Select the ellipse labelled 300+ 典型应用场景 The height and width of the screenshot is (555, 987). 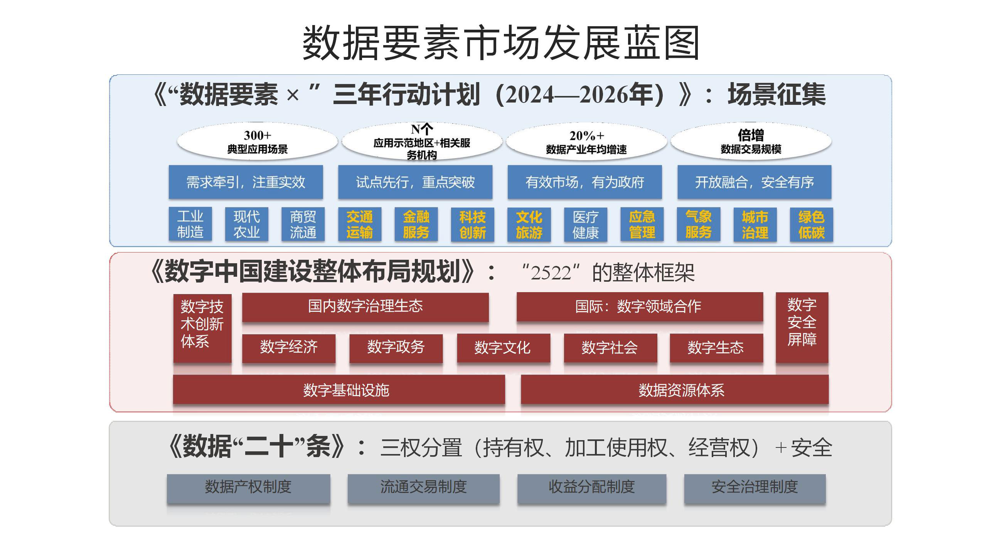tap(257, 141)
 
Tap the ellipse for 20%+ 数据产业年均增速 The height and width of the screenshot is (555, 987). tap(586, 141)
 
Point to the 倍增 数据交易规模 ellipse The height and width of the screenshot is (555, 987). tap(751, 141)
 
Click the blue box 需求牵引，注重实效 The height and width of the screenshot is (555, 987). tap(246, 182)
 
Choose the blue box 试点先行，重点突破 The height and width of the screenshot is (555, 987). tap(415, 182)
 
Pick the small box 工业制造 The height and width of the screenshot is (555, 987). tap(190, 224)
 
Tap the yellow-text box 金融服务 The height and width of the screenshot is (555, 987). tap(416, 224)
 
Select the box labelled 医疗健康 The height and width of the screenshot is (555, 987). tap(585, 224)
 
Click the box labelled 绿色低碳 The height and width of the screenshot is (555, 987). tap(811, 224)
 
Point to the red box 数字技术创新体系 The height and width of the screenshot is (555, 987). tap(202, 328)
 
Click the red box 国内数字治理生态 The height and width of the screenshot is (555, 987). tap(365, 306)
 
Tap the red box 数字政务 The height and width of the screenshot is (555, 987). tap(396, 348)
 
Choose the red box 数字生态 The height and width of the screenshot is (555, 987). tap(716, 348)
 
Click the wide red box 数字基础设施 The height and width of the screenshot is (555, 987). tap(339, 390)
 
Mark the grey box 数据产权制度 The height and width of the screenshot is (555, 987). tap(248, 487)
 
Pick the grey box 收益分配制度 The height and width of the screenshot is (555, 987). tap(591, 487)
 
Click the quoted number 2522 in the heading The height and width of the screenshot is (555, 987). tap(551, 273)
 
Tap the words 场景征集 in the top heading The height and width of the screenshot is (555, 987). tap(776, 95)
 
